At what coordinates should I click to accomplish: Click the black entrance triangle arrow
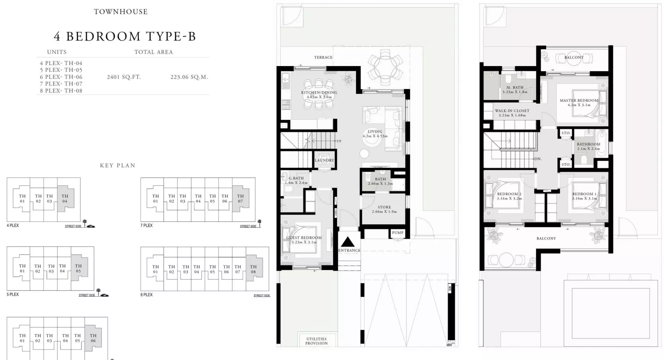(348, 241)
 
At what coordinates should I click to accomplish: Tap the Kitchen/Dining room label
(319, 93)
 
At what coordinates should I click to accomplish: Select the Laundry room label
(325, 160)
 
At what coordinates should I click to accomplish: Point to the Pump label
(398, 233)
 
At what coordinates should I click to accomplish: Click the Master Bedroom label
(579, 101)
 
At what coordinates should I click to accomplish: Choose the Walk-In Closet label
(512, 111)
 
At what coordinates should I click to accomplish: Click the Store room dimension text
(384, 212)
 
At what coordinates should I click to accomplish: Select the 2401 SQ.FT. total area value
(124, 77)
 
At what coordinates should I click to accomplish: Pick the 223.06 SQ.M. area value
(189, 77)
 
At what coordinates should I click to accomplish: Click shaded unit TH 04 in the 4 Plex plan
(65, 199)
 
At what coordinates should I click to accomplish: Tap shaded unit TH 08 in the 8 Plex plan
(253, 269)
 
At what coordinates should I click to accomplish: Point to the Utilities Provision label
(316, 341)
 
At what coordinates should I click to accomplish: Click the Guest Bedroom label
(304, 238)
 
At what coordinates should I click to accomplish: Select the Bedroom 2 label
(509, 194)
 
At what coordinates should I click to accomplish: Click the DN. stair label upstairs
(538, 159)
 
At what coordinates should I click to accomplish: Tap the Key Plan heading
(117, 166)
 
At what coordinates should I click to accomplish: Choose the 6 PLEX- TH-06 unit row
(61, 77)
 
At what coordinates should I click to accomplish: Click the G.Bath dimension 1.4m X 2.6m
(296, 183)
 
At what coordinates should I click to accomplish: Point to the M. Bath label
(515, 88)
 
